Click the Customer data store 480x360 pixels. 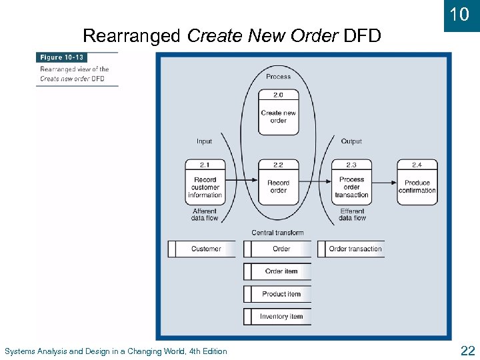[x=201, y=249]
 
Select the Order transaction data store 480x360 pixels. [x=351, y=249]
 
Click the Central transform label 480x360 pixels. [x=277, y=233]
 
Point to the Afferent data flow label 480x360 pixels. [x=205, y=215]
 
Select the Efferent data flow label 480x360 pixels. [x=351, y=215]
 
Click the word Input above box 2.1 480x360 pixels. [x=204, y=141]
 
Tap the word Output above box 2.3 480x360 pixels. [x=351, y=141]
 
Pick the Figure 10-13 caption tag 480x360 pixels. [x=62, y=58]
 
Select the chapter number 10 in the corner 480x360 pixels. [x=460, y=15]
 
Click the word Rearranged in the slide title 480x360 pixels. [x=131, y=35]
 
